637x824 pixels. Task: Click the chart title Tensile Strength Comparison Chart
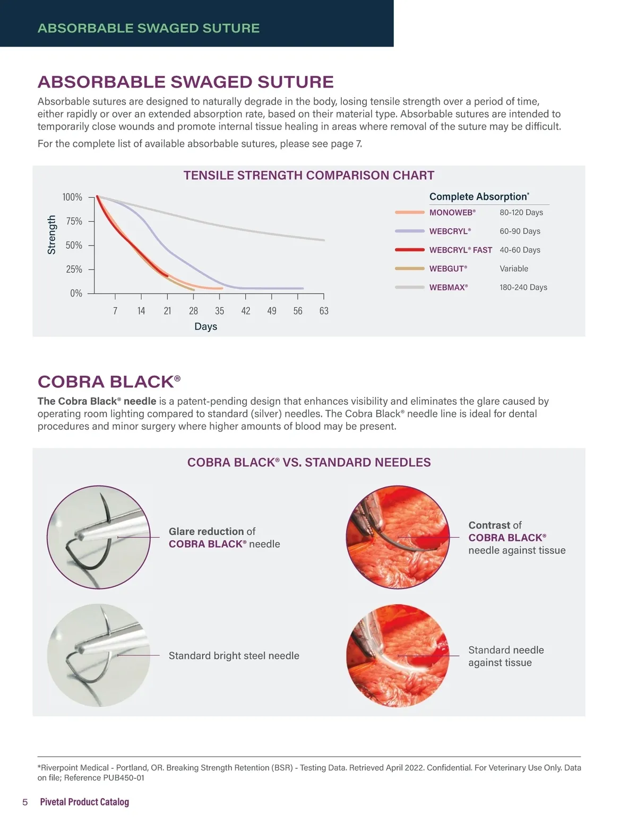click(x=308, y=176)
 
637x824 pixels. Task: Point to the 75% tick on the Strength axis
click(x=74, y=221)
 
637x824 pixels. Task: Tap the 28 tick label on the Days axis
click(x=193, y=311)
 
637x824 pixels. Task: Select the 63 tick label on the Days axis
click(x=324, y=311)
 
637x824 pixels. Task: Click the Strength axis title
click(x=51, y=235)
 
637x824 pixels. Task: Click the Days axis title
click(x=205, y=326)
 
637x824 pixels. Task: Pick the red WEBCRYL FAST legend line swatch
click(x=409, y=250)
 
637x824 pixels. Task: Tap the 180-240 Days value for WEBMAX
click(x=523, y=287)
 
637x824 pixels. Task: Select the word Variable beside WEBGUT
click(x=513, y=268)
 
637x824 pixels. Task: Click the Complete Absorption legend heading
click(x=479, y=196)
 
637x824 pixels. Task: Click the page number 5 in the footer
click(x=25, y=802)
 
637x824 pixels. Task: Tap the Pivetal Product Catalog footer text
click(x=84, y=802)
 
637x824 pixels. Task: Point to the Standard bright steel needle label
click(x=234, y=656)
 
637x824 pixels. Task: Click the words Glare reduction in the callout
click(x=206, y=531)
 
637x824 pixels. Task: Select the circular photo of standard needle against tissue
click(x=397, y=655)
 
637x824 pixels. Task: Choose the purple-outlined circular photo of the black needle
click(x=99, y=537)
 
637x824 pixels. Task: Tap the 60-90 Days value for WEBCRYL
click(x=520, y=231)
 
